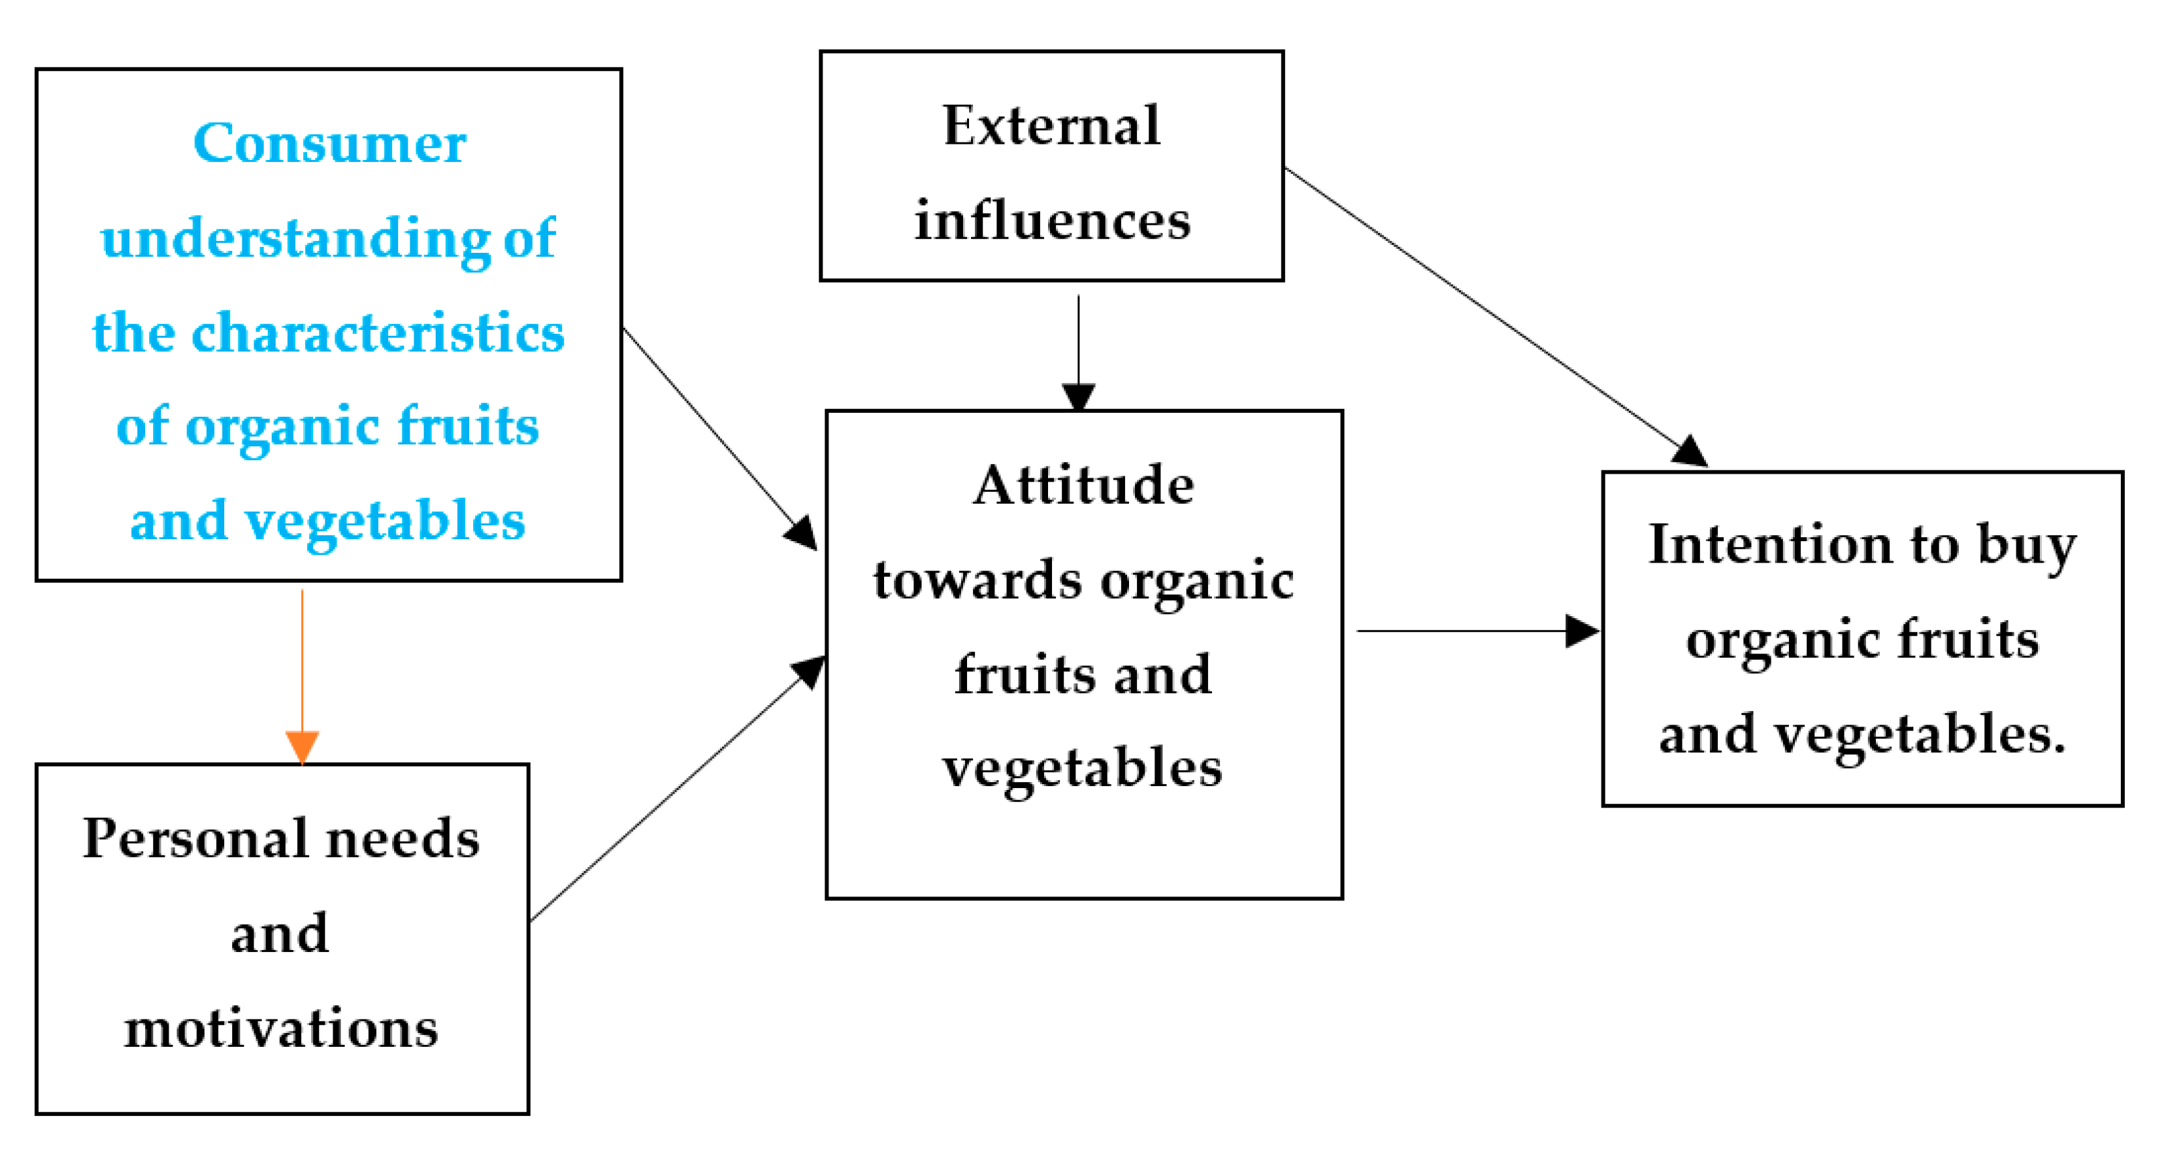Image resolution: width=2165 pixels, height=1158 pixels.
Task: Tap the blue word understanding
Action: (x=295, y=239)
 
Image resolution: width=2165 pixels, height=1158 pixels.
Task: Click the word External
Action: (x=1051, y=126)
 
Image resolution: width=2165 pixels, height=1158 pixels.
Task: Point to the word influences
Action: (x=1052, y=221)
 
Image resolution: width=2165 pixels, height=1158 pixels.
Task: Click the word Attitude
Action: (x=1084, y=486)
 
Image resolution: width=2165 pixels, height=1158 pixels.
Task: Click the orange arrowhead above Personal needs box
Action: (x=302, y=745)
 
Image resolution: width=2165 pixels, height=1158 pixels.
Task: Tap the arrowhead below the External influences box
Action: (x=1078, y=396)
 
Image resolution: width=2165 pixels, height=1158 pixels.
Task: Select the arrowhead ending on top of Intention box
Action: (x=1690, y=452)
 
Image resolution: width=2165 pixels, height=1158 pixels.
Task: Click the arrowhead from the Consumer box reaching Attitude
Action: (x=801, y=533)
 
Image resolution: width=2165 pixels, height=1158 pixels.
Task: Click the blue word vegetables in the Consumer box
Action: (x=385, y=521)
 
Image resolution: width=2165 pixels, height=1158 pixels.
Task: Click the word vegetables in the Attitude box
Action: (x=1081, y=768)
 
